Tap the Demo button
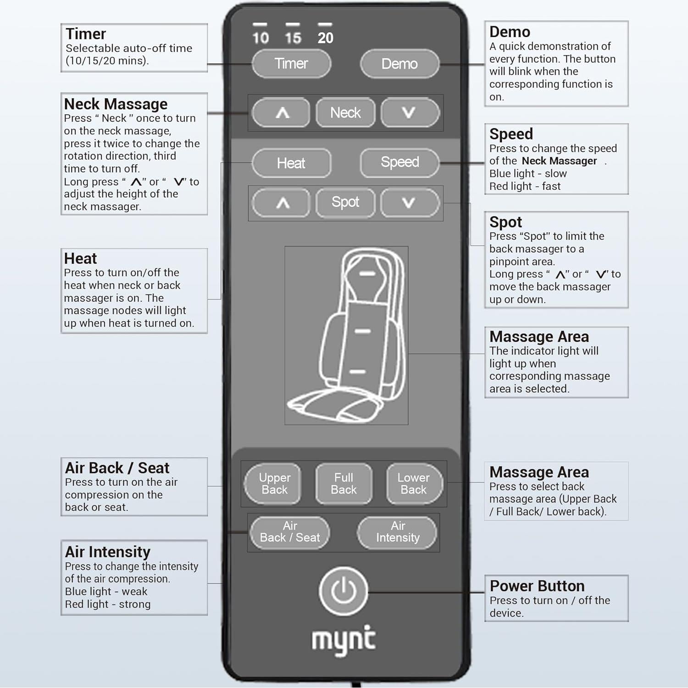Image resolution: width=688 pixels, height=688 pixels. (x=399, y=64)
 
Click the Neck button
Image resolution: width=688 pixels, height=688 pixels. (x=345, y=112)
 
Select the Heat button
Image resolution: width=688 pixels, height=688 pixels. (x=291, y=163)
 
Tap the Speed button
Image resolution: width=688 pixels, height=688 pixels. (x=399, y=162)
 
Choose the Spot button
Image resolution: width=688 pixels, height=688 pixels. (x=345, y=202)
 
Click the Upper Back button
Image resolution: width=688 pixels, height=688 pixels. (x=274, y=484)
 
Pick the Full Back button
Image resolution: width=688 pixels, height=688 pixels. (x=344, y=484)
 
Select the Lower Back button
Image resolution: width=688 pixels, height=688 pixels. (x=413, y=484)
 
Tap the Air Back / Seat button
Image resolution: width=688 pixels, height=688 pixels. (x=290, y=532)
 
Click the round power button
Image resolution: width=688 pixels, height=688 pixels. (x=344, y=591)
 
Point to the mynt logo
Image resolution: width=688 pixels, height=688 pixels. (x=344, y=640)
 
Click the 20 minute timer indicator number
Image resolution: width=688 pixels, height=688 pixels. (x=325, y=38)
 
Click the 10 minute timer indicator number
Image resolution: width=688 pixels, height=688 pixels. (x=260, y=38)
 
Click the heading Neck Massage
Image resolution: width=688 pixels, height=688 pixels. (x=116, y=104)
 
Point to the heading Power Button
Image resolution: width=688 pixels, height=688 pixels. (x=537, y=586)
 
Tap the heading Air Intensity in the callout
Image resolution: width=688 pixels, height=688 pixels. (x=108, y=551)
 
